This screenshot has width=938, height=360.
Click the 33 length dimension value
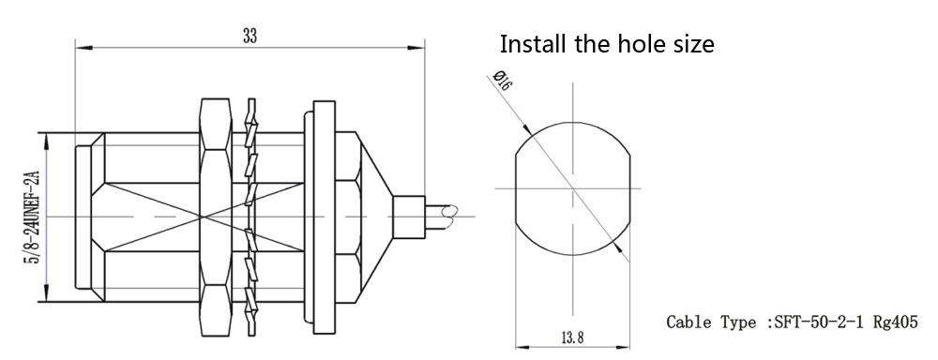(x=250, y=36)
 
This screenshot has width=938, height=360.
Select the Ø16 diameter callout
(x=501, y=80)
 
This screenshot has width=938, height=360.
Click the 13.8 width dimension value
(x=572, y=337)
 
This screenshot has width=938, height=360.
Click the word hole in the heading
(x=645, y=44)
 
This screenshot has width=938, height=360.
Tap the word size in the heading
(x=694, y=45)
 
